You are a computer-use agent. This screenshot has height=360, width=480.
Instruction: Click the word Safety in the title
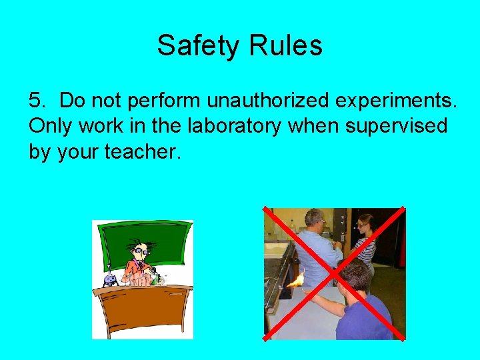[198, 46]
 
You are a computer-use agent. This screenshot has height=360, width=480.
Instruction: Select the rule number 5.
[37, 101]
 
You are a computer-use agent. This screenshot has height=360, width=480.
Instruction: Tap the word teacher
[142, 151]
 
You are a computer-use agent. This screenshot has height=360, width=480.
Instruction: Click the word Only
[51, 126]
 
